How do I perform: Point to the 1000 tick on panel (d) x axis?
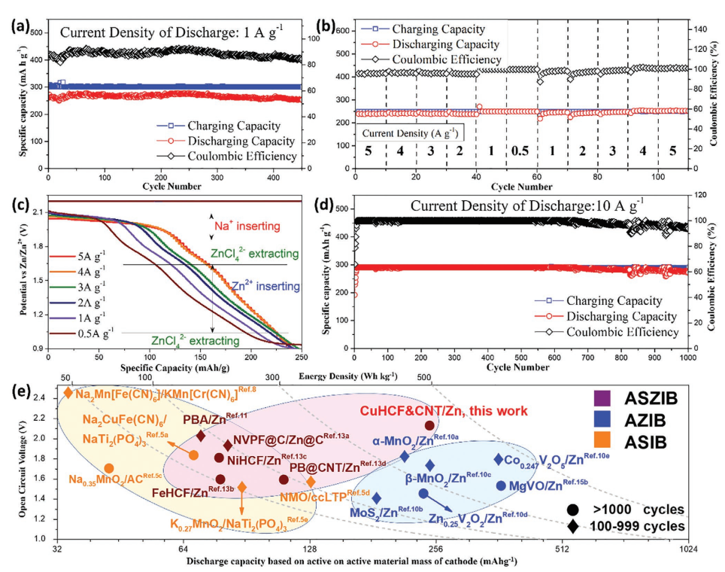687,360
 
